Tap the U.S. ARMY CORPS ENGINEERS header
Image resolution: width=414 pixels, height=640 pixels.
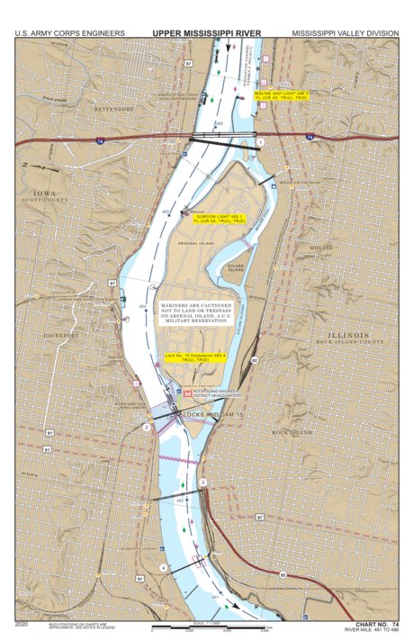[69, 33]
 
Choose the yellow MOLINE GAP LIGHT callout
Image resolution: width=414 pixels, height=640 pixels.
[282, 95]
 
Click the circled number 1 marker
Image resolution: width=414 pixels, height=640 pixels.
[260, 141]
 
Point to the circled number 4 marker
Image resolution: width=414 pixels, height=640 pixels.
[163, 567]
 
